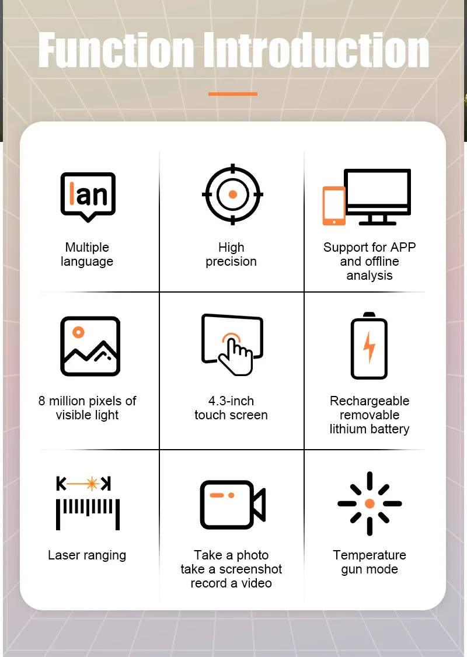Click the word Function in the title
(x=116, y=50)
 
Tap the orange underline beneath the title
(x=233, y=94)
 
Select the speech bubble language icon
(x=88, y=196)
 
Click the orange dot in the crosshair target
(x=233, y=194)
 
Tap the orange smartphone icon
(x=334, y=206)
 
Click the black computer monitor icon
(x=377, y=196)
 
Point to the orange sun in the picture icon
(x=78, y=332)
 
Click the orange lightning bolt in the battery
(x=369, y=347)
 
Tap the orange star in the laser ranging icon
(x=92, y=484)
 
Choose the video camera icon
(x=232, y=505)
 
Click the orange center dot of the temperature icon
(x=370, y=503)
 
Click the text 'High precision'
(x=231, y=255)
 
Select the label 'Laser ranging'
(x=87, y=555)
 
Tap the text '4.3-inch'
(x=231, y=401)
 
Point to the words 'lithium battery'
(x=370, y=429)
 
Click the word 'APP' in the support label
(x=403, y=247)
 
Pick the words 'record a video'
(x=231, y=583)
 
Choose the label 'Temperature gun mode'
(x=370, y=562)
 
